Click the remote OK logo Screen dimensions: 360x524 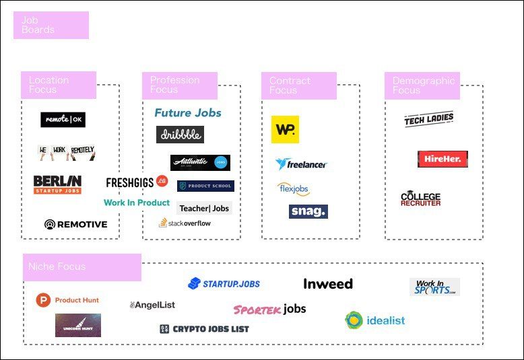tap(63, 120)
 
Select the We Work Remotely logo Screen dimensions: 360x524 tap(66, 153)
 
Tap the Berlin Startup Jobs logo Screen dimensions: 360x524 tap(57, 184)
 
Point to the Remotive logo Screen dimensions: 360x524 tap(75, 224)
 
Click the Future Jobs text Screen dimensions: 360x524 tap(188, 113)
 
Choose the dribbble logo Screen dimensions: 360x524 tap(180, 135)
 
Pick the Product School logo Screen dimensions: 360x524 tap(205, 186)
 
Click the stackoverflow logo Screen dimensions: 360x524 tap(185, 223)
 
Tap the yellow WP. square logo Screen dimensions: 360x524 tap(285, 129)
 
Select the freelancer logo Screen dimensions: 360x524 tap(301, 164)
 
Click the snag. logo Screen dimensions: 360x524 tap(308, 211)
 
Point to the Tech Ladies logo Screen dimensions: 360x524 tap(429, 120)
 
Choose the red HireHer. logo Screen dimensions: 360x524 tap(443, 159)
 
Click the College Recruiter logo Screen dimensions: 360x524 tap(421, 199)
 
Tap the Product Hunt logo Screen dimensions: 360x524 tap(67, 300)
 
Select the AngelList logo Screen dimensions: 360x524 tap(152, 305)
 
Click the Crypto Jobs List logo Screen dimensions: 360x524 tap(204, 329)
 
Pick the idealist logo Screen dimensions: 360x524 tap(375, 320)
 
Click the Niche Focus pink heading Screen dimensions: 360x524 tap(81, 267)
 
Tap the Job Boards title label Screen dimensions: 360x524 tap(51, 25)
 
